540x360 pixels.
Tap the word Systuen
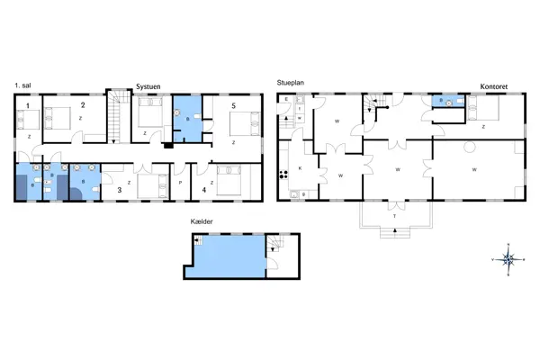148,86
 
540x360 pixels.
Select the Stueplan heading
292,83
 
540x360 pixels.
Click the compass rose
508,259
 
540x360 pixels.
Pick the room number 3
119,190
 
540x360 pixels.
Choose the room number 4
203,190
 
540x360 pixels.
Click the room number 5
233,106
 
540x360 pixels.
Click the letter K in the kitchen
299,168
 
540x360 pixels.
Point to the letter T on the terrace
394,216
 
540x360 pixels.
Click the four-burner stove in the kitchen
283,174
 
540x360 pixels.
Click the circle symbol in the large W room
468,147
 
